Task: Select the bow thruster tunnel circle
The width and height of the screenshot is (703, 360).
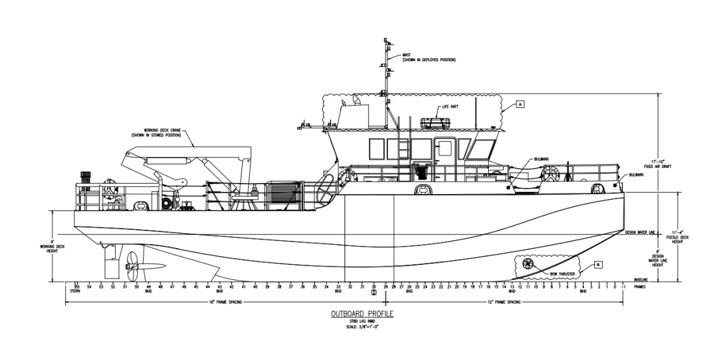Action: tap(527, 263)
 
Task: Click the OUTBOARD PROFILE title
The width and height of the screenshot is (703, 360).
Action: tap(358, 313)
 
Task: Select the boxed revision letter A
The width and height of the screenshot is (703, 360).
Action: tap(520, 103)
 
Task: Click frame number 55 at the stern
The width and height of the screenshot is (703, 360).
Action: tap(77, 286)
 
